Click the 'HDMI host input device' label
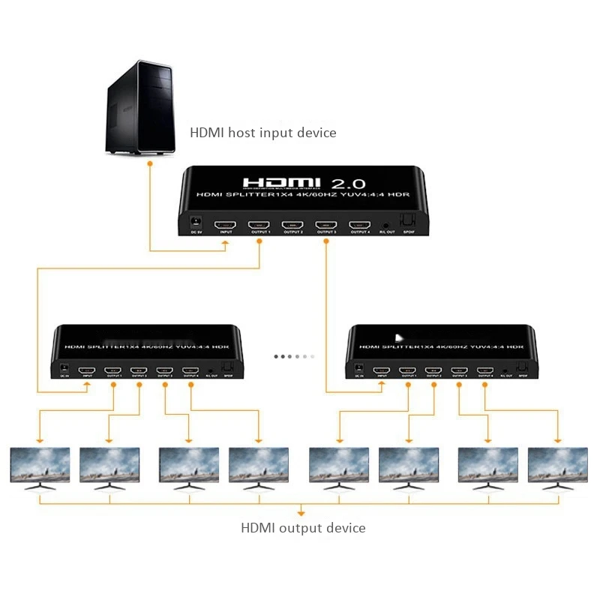pos(262,133)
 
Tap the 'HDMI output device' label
pos(303,528)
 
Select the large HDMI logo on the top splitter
pos(281,183)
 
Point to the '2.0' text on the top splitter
pos(347,183)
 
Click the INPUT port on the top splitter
pos(226,224)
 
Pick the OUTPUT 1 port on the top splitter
pos(259,224)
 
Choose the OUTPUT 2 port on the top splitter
pos(292,224)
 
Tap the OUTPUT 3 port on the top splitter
pos(326,224)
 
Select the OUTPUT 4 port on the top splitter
pos(360,224)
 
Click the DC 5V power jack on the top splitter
pos(197,223)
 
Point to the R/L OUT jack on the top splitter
pos(386,224)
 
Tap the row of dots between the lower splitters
pos(294,356)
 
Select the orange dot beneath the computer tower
pos(150,163)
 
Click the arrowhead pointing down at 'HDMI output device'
pos(301,514)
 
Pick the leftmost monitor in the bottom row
pos(40,466)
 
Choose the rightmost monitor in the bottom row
pos(557,466)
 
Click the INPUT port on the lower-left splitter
pos(88,370)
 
